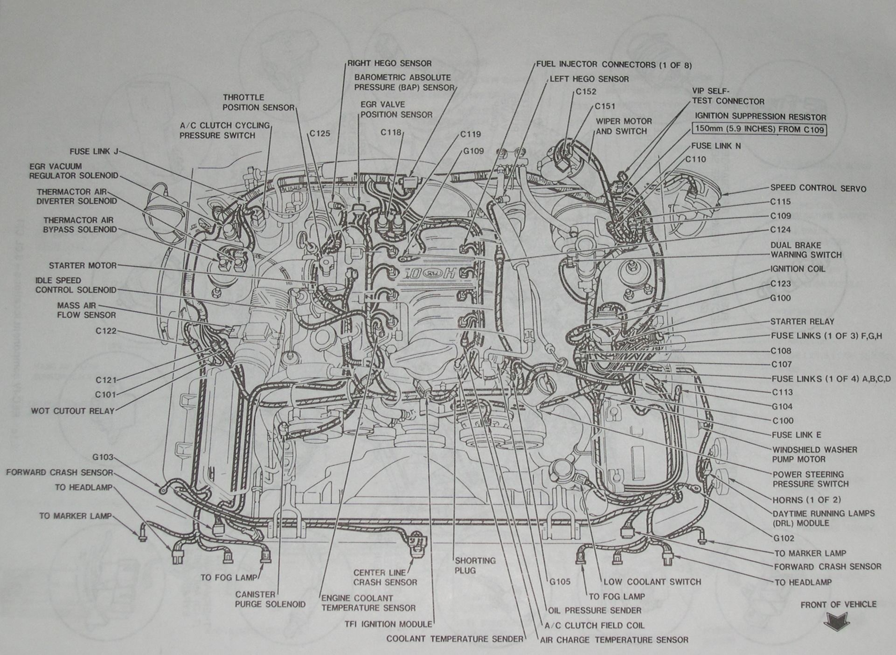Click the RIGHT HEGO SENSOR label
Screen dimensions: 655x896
coord(389,63)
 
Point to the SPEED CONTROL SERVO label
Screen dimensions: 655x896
coord(818,188)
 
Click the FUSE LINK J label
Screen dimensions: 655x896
coord(94,152)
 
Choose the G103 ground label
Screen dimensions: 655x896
coord(103,458)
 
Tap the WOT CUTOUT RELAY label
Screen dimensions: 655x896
coord(72,411)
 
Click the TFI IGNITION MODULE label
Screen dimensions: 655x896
coord(388,624)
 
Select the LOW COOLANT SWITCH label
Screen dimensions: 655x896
coord(652,582)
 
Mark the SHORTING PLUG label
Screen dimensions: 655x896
coord(475,565)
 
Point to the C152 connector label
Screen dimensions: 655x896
coord(585,92)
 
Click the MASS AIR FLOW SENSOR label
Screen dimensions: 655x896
coord(86,310)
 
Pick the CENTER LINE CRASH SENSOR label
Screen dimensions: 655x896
coord(385,578)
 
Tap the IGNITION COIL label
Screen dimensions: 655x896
coord(798,269)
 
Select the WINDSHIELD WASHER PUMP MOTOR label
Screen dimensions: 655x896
coord(814,455)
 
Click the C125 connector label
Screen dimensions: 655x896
coord(320,134)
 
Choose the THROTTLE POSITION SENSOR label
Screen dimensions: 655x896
coord(258,103)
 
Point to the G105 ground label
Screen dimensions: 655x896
coord(560,582)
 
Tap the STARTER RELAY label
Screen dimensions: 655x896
coord(802,322)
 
